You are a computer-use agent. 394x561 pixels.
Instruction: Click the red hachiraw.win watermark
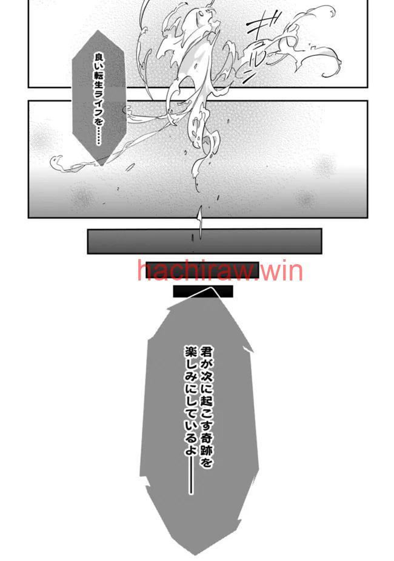pos(219,271)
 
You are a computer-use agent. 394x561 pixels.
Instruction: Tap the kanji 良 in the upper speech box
pos(99,57)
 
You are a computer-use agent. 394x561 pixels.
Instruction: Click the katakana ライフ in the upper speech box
pos(99,106)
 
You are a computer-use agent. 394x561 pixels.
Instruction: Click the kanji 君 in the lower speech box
pos(205,351)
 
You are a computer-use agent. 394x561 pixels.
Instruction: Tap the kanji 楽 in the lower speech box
pos(190,351)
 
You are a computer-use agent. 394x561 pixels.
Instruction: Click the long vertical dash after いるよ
pos(190,475)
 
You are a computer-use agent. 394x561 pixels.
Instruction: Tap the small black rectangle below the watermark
pos(203,291)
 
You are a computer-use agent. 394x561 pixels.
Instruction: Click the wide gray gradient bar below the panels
pos(204,241)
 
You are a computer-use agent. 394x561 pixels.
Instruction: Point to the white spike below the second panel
pos(199,221)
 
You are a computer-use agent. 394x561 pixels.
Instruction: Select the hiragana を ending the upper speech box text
pos(99,123)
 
